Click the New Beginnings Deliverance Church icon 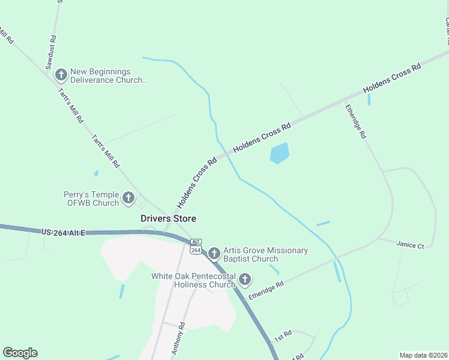(61, 75)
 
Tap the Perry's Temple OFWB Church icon (128, 198)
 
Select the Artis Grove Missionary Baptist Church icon (214, 254)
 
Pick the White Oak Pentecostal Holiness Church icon (244, 279)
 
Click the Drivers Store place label (168, 219)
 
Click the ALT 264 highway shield (196, 246)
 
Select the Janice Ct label (410, 245)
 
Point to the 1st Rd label (283, 335)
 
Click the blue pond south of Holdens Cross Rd (280, 153)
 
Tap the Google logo (20, 353)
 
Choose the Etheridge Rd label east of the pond (355, 122)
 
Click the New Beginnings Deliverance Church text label (108, 76)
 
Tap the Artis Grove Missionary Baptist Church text (265, 254)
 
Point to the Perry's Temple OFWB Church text (91, 199)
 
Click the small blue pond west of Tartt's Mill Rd (96, 173)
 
